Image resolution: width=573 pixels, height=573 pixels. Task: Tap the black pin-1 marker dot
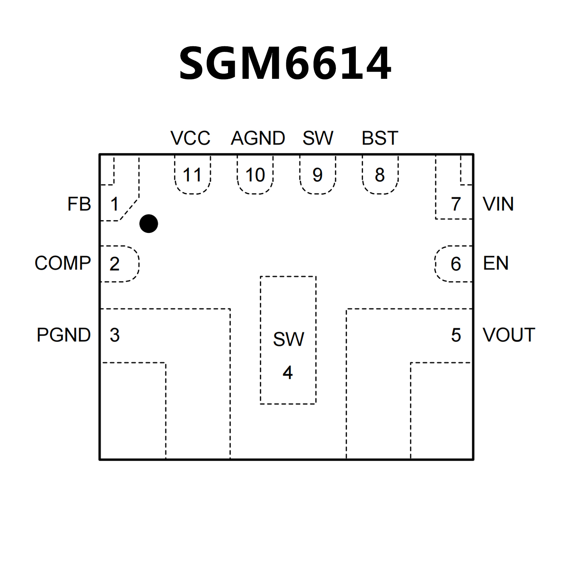click(149, 224)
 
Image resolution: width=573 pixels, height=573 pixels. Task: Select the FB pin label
click(79, 204)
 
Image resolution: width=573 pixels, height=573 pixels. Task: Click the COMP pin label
click(63, 263)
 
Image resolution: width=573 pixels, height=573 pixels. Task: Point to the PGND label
click(63, 335)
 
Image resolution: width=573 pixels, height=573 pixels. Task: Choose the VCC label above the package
click(190, 138)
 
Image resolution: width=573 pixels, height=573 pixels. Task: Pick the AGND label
click(258, 138)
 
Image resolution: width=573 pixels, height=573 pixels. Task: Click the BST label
click(380, 138)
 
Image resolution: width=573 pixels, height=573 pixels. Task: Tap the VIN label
click(498, 204)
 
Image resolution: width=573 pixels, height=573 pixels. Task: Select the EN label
click(495, 263)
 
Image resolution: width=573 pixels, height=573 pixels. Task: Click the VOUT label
click(508, 335)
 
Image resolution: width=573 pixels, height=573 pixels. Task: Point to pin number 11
click(192, 175)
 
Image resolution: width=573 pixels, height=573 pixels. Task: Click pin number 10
click(255, 175)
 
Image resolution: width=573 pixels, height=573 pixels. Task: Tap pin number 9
click(317, 175)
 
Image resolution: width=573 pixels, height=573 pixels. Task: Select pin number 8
click(380, 175)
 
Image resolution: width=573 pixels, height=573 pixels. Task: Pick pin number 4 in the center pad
click(287, 373)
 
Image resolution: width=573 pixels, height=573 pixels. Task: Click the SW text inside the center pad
click(288, 339)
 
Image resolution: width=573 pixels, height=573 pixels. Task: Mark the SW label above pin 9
click(318, 138)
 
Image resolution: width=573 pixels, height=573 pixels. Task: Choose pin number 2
click(114, 264)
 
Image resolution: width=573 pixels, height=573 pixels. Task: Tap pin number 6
click(455, 264)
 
